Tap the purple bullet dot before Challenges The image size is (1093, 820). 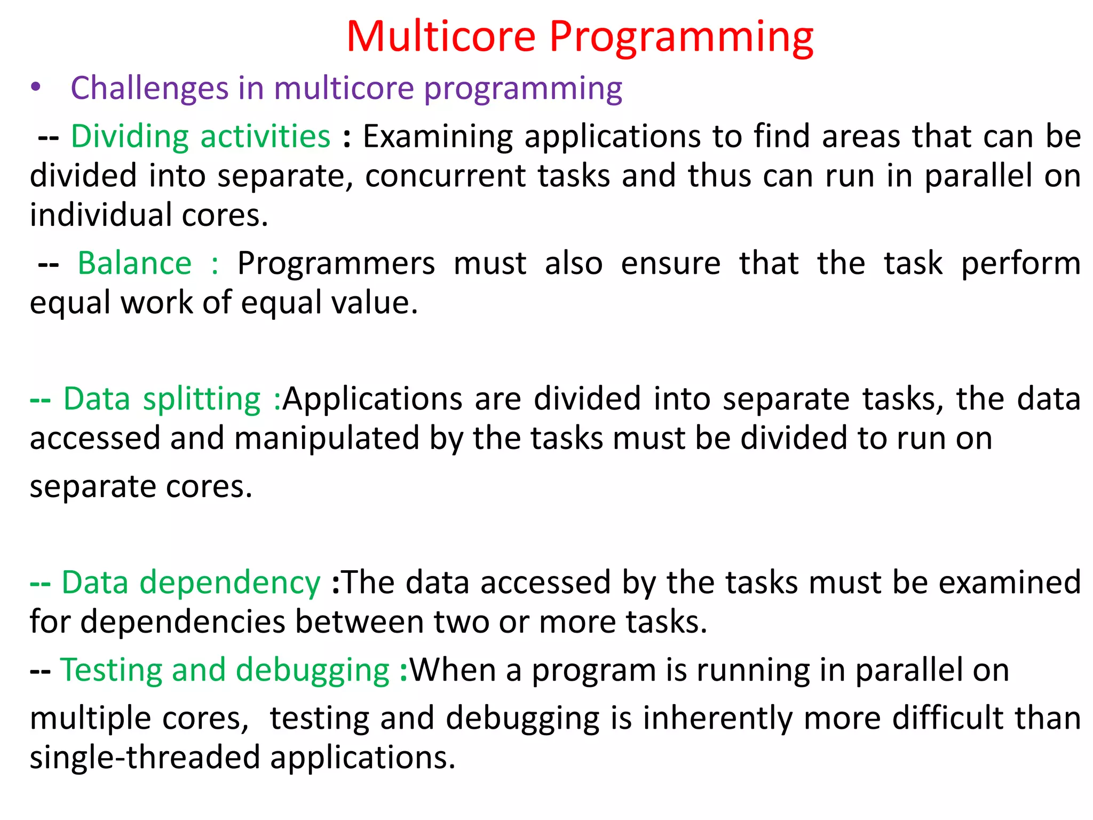pos(35,88)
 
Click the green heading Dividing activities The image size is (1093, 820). pos(201,137)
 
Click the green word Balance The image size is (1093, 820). pos(134,264)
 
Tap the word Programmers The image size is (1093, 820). pos(336,264)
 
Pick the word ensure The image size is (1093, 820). pos(670,264)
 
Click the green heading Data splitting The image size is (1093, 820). pos(162,399)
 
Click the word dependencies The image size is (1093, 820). pos(183,622)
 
